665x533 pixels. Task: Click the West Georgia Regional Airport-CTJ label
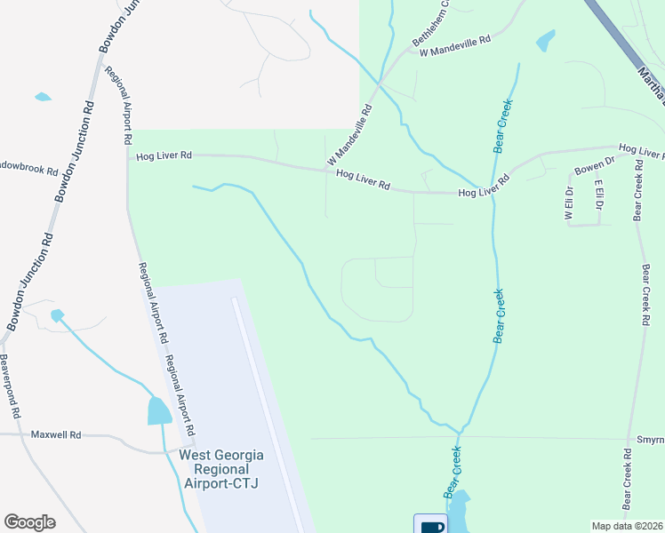click(x=221, y=468)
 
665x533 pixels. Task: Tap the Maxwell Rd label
click(x=56, y=435)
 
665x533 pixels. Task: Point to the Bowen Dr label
click(x=594, y=165)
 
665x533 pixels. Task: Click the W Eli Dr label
click(x=567, y=202)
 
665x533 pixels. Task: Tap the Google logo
click(x=29, y=522)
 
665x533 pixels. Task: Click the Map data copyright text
click(x=628, y=526)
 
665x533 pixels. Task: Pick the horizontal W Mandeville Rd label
click(x=455, y=47)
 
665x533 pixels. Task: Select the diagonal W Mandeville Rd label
click(x=349, y=135)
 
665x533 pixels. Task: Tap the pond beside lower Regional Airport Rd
click(x=159, y=411)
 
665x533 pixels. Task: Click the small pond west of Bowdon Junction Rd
click(x=43, y=96)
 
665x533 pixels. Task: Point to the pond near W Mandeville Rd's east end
click(x=545, y=40)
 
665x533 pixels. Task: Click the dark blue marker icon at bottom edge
click(x=431, y=525)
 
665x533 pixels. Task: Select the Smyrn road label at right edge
click(x=650, y=440)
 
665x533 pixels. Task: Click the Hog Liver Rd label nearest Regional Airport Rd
click(x=164, y=156)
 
